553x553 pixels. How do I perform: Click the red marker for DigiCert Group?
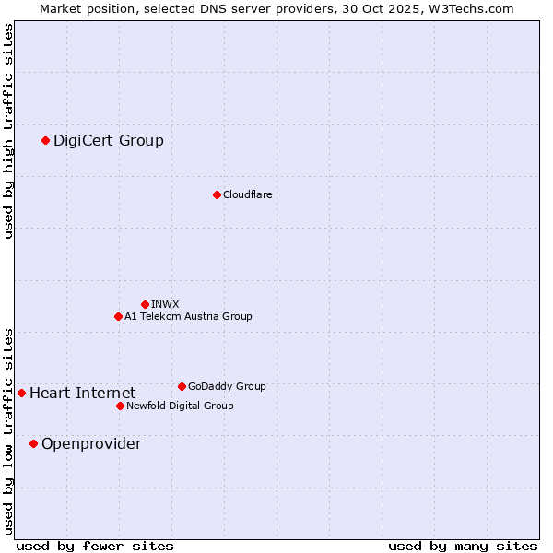[45, 140]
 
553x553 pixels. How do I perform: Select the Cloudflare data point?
[217, 194]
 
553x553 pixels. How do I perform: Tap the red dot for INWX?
[145, 304]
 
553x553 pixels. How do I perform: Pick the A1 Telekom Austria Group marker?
[118, 316]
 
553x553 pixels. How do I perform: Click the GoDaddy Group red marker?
[182, 386]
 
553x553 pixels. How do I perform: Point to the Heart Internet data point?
[21, 393]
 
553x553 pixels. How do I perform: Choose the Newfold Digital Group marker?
[120, 406]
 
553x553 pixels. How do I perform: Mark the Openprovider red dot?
[33, 443]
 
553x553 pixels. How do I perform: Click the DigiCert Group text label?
[108, 140]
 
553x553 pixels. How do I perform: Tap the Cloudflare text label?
[247, 194]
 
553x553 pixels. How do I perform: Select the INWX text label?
[165, 304]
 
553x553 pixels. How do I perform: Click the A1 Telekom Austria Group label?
[188, 316]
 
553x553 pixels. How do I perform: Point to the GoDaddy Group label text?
[227, 386]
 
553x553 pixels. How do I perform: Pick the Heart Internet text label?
[82, 393]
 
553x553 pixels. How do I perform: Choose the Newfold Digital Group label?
[180, 406]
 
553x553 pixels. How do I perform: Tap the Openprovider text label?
[91, 443]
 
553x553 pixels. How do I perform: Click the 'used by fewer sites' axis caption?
[95, 546]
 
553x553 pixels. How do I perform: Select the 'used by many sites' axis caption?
[463, 546]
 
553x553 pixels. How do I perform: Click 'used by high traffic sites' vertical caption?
[8, 131]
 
